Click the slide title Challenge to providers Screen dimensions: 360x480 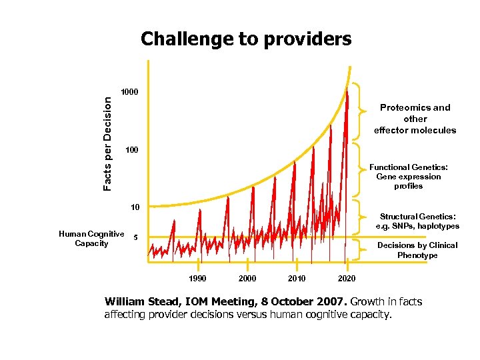pyautogui.click(x=245, y=39)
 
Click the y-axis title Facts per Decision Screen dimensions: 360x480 pyautogui.click(x=108, y=142)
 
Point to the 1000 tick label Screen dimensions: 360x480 pyautogui.click(x=129, y=91)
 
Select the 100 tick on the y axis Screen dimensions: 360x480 pyautogui.click(x=131, y=151)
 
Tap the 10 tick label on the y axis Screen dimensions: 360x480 pyautogui.click(x=135, y=207)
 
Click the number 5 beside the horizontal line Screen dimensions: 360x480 pyautogui.click(x=135, y=237)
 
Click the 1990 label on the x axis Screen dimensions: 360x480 pyautogui.click(x=198, y=278)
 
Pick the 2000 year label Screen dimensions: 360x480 pyautogui.click(x=247, y=278)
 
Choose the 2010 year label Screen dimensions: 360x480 pyautogui.click(x=297, y=278)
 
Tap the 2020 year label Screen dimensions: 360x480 pyautogui.click(x=347, y=278)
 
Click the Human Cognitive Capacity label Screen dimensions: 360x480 pyautogui.click(x=91, y=238)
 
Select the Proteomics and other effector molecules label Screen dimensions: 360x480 pyautogui.click(x=415, y=119)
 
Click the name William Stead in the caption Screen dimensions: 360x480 pyautogui.click(x=141, y=302)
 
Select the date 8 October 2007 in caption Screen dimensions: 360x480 pyautogui.click(x=312, y=302)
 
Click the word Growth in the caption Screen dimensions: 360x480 pyautogui.click(x=366, y=302)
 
